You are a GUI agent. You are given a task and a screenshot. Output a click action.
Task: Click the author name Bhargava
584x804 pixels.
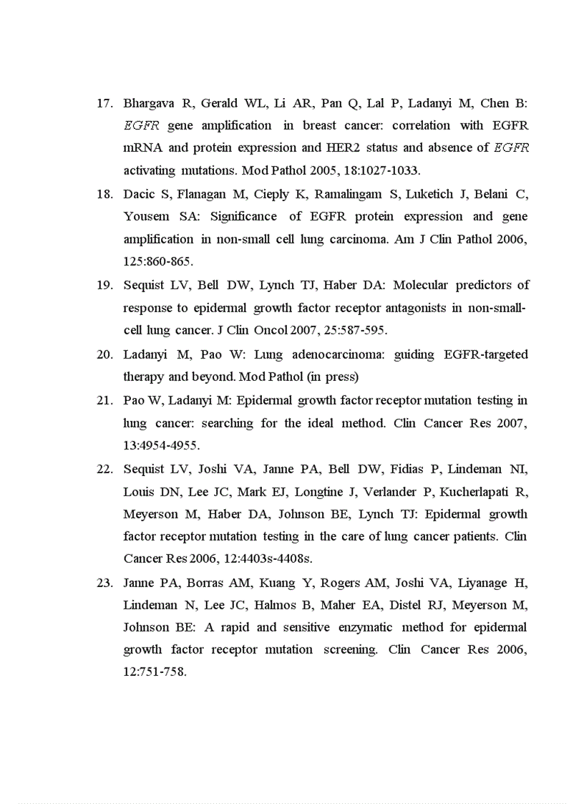[x=148, y=103]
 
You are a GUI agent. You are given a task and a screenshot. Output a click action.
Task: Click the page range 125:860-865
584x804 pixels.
[x=157, y=262]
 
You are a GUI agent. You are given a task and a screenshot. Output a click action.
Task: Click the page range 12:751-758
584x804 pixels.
[x=155, y=673]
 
